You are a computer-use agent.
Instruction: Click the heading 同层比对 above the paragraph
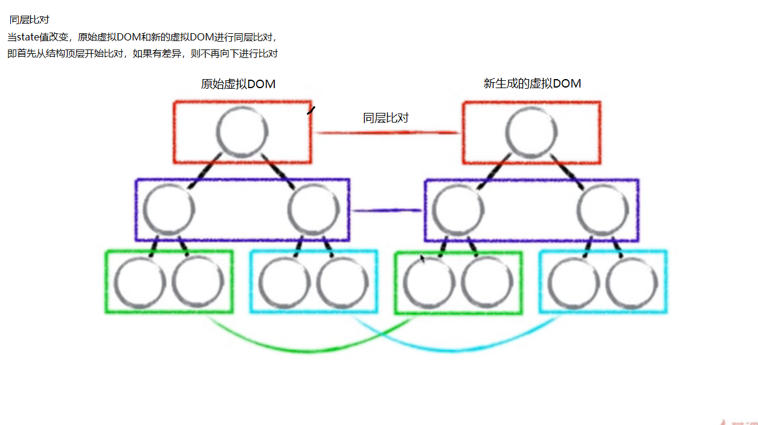[x=30, y=20]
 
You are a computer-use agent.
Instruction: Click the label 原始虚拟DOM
[x=238, y=85]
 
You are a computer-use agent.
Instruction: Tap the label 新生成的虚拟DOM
[x=532, y=84]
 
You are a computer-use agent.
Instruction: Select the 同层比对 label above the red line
[x=385, y=118]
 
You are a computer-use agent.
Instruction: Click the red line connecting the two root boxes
[x=387, y=132]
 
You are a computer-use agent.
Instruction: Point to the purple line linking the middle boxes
[x=387, y=211]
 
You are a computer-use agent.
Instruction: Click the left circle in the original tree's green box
[x=140, y=282]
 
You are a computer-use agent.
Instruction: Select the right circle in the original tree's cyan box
[x=342, y=282]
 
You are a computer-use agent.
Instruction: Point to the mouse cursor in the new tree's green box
[x=423, y=258]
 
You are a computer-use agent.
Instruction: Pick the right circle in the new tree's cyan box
[x=631, y=282]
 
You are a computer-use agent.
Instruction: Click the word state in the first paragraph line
[x=28, y=37]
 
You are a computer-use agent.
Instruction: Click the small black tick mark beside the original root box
[x=311, y=110]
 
